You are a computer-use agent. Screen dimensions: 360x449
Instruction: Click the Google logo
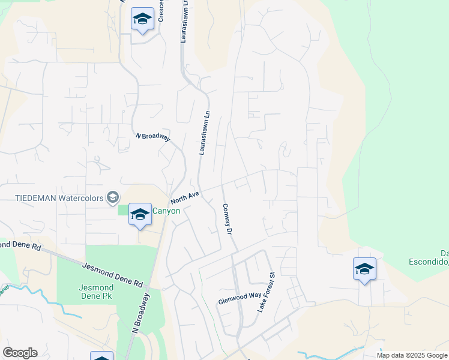click(20, 353)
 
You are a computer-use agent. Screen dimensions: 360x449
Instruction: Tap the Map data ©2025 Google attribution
click(412, 355)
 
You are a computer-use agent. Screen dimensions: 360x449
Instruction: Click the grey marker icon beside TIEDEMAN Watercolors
click(112, 197)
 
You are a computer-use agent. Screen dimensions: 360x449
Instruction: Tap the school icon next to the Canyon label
click(140, 214)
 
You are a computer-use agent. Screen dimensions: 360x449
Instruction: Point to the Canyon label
click(166, 211)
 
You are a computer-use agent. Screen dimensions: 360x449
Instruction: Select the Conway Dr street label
click(226, 218)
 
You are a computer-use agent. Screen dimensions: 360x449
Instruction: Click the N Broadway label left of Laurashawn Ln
click(152, 136)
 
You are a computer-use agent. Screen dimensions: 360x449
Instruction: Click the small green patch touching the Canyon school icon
click(124, 210)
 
